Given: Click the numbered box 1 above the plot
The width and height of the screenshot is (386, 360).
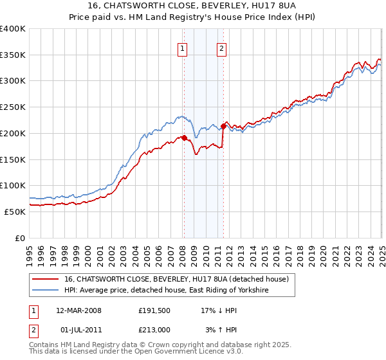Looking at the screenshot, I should point(183,48).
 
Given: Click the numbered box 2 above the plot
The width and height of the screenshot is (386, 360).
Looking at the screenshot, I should point(222,48).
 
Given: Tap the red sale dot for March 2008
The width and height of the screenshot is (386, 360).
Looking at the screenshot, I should point(184,137).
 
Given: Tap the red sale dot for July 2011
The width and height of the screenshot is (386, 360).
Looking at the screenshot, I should point(223,126).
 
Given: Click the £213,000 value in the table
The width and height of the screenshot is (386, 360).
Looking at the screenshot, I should point(154,330).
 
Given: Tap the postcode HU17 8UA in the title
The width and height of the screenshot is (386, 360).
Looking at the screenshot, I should point(242,7).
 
